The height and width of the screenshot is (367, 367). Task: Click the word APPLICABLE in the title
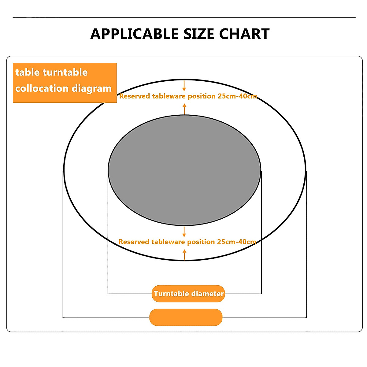[x=134, y=34]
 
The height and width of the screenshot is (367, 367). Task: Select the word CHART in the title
[x=244, y=34]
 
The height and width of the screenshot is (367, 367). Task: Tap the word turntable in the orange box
[x=65, y=72]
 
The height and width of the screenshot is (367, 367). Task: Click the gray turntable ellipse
[x=184, y=170]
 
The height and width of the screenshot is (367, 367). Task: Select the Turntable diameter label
[x=188, y=294]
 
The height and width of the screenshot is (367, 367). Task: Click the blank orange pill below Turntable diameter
[x=186, y=317]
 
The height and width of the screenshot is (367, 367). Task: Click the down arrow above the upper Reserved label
[x=184, y=86]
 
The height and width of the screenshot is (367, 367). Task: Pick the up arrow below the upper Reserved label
[x=184, y=109]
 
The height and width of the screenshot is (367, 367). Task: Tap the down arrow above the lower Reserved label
[x=184, y=232]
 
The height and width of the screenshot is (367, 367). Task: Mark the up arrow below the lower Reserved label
[x=184, y=254]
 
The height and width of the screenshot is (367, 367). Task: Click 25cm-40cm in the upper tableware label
[x=237, y=96]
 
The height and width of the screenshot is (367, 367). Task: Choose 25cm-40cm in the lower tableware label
[x=236, y=242]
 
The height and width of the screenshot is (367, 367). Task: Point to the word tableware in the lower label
[x=168, y=242]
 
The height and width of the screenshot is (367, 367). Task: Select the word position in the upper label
[x=202, y=96]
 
